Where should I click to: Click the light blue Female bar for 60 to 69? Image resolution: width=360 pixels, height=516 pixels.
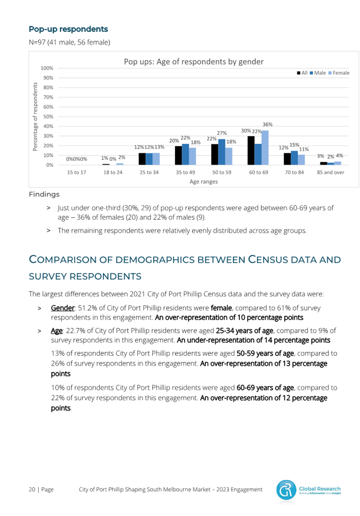click(x=265, y=147)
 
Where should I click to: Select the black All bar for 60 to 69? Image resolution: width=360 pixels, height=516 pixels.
click(x=251, y=150)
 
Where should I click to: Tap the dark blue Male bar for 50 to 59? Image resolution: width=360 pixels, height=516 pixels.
click(x=221, y=152)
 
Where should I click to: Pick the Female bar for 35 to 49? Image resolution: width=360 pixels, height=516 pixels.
click(x=192, y=156)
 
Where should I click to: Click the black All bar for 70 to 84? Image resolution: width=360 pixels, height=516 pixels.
click(x=287, y=159)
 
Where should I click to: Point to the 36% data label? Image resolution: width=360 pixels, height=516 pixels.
click(x=267, y=124)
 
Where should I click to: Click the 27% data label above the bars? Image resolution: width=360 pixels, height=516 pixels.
click(x=222, y=133)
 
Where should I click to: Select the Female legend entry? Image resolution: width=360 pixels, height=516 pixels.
click(x=339, y=73)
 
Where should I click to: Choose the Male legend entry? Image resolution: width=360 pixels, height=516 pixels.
click(x=318, y=73)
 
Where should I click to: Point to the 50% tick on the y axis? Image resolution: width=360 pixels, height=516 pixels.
click(x=48, y=116)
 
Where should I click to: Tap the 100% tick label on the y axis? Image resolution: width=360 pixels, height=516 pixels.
click(x=47, y=68)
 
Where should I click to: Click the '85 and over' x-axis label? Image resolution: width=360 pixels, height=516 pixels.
click(x=330, y=172)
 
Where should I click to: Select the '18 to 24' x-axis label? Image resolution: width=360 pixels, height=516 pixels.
click(x=113, y=172)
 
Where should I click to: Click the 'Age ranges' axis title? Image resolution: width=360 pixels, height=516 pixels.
click(x=203, y=182)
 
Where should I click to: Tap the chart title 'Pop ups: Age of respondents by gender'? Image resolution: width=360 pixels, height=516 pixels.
click(x=194, y=62)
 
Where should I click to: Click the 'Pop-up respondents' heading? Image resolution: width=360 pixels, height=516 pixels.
click(x=69, y=29)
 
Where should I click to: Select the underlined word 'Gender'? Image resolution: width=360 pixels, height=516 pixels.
click(x=63, y=308)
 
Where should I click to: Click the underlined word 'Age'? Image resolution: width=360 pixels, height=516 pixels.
click(x=56, y=331)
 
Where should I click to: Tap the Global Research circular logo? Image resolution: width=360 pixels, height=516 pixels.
click(x=286, y=490)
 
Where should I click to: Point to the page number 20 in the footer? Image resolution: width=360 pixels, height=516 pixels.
click(x=32, y=489)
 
